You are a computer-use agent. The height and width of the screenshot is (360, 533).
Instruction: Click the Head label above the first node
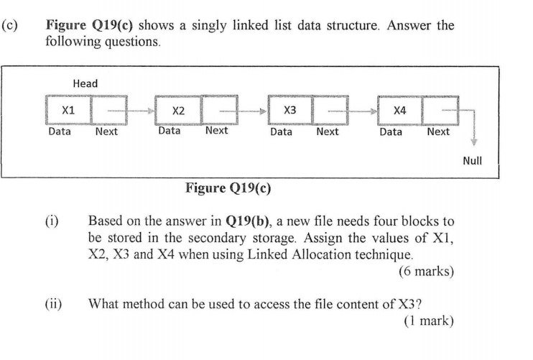point(85,84)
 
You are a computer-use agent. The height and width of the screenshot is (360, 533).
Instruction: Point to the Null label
point(472,162)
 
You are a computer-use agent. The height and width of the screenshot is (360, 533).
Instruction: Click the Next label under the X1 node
point(106,131)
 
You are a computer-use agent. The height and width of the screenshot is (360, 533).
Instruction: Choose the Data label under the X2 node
point(170,131)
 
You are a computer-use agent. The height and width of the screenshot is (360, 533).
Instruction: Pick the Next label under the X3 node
point(327,131)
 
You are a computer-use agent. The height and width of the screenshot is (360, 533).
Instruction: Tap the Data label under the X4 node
point(391,131)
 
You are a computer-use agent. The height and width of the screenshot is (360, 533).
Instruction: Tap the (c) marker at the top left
point(10,26)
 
